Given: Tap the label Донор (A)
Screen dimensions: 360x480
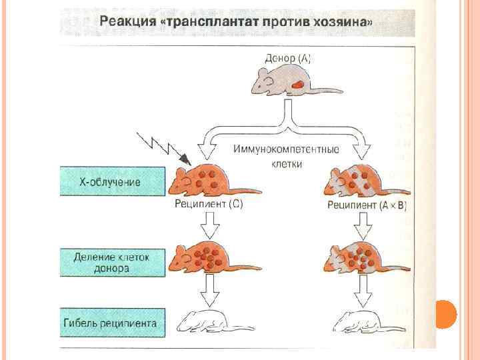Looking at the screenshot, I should point(288,58).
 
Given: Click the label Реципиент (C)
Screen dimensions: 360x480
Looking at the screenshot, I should point(209,205).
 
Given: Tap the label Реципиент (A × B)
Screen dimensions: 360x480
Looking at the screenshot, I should point(367,205).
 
